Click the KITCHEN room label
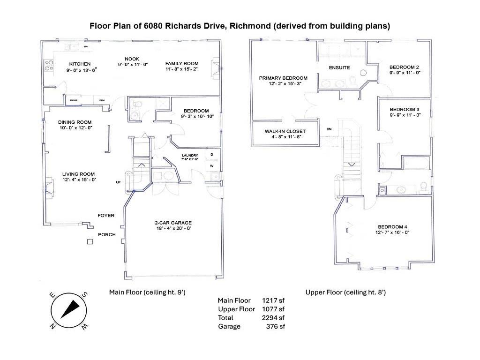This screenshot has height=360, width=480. pos(80,64)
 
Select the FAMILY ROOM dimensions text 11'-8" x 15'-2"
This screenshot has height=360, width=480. pos(182,69)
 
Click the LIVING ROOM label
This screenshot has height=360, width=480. pos(79,174)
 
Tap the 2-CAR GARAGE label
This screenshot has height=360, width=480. pos(173,223)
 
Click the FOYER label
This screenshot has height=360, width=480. pos(106,216)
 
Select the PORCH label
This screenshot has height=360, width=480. pos(106,234)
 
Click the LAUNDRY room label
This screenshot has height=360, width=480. pos(190,155)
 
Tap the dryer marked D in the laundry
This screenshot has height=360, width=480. pos(211,155)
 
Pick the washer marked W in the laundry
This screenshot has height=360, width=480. pos(211,165)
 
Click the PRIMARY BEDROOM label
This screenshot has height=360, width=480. pos(283,78)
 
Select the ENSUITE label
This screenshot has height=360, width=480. pos(339,67)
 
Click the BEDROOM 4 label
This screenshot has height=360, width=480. pos(392,227)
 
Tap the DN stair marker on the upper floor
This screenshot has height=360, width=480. pos(329,129)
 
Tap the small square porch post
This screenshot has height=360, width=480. pos(90,242)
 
